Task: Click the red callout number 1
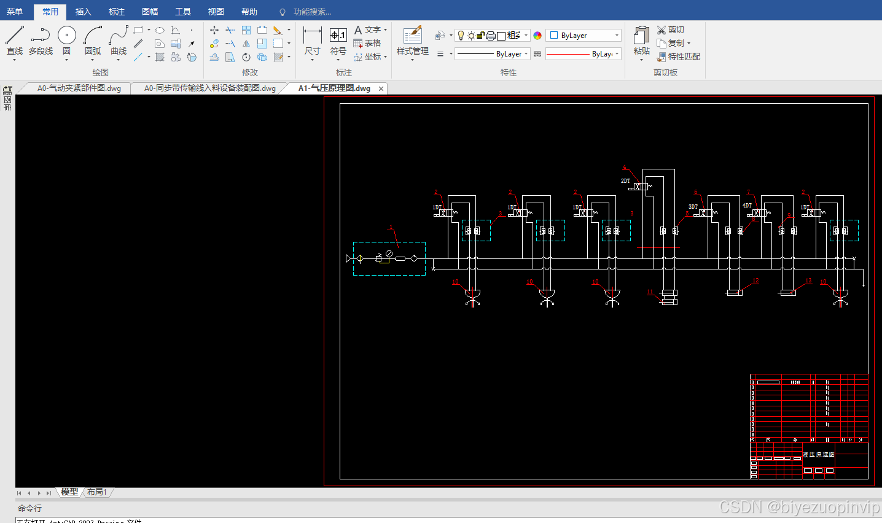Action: pos(391,228)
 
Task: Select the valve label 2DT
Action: pos(625,181)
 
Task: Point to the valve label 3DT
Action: pos(693,207)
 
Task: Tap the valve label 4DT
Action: pos(747,206)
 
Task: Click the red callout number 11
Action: pos(650,292)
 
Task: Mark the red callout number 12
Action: pos(755,281)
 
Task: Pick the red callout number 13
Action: pos(808,281)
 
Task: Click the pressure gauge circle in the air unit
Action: pos(389,254)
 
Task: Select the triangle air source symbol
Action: pos(349,259)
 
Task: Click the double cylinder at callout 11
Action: pos(669,297)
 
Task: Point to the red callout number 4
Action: pos(625,168)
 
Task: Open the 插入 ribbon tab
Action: pos(83,12)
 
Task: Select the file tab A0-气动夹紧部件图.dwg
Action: pos(79,88)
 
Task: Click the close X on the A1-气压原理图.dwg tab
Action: pos(381,88)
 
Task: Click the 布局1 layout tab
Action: pos(97,492)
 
